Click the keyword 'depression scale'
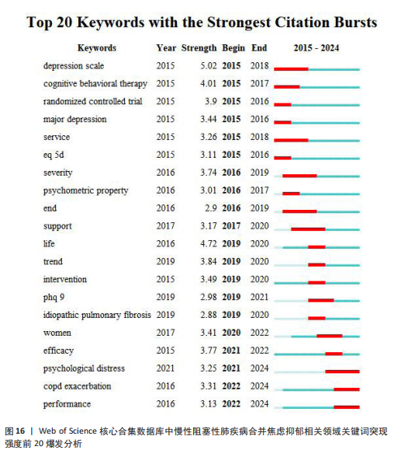pyautogui.click(x=74, y=66)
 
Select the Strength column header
pyautogui.click(x=199, y=48)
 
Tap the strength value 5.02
pyautogui.click(x=208, y=66)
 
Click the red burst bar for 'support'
pyautogui.click(x=308, y=229)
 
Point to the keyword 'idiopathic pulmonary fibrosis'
pyautogui.click(x=97, y=315)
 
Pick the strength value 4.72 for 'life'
pyautogui.click(x=208, y=244)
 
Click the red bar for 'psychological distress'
pyautogui.click(x=342, y=372)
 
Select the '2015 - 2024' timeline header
pyautogui.click(x=316, y=48)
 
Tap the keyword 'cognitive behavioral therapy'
pyautogui.click(x=95, y=84)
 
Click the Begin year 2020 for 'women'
pyautogui.click(x=231, y=333)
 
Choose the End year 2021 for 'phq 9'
pyautogui.click(x=259, y=297)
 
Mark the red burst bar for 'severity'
pyautogui.click(x=299, y=176)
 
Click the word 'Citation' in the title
pyautogui.click(x=302, y=23)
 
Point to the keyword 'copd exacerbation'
pyautogui.click(x=78, y=386)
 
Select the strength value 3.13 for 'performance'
pyautogui.click(x=208, y=403)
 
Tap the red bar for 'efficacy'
pyautogui.click(x=334, y=354)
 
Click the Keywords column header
pyautogui.click(x=97, y=48)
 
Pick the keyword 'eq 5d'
pyautogui.click(x=54, y=155)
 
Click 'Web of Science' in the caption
pyautogui.click(x=67, y=431)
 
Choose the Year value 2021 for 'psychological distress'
pyautogui.click(x=165, y=368)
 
